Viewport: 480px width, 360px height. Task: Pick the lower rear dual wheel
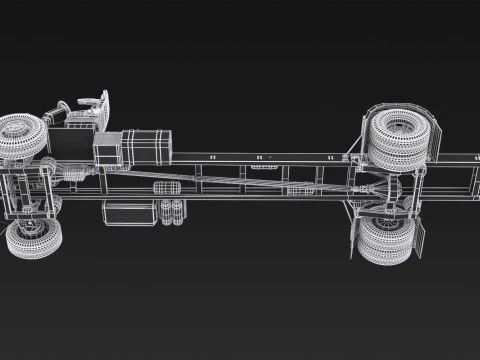(385, 240)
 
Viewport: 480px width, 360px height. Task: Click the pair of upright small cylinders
(171, 211)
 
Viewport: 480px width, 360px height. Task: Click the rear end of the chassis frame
(470, 180)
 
